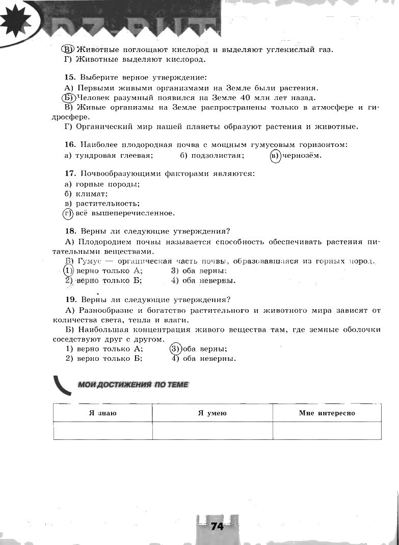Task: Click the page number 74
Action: pos(217,526)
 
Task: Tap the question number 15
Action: pos(70,78)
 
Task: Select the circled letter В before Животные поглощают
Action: pos(68,49)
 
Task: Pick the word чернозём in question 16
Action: pos(303,155)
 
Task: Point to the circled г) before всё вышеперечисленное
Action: pos(68,213)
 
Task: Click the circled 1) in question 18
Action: pos(68,270)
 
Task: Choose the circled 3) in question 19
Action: pos(175,349)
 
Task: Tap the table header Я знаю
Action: pos(103,413)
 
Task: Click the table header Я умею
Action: pos(212,413)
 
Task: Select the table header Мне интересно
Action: pos(327,413)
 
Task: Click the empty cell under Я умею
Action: pos(212,430)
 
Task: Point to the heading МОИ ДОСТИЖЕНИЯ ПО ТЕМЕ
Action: pos(133,385)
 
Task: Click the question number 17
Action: pos(70,174)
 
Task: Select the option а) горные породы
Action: pos(102,184)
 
